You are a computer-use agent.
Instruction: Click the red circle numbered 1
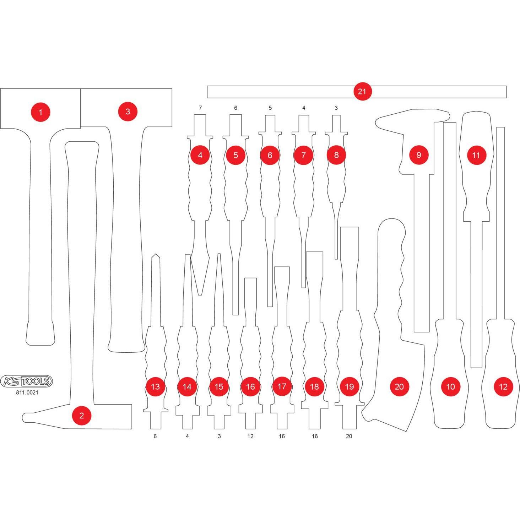coord(40,112)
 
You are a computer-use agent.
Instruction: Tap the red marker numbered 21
coord(362,91)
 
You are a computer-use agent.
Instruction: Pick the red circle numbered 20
coord(399,386)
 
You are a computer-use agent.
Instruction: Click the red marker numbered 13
coord(155,386)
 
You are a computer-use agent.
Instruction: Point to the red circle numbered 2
coord(82,416)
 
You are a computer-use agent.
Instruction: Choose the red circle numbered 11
coord(476,155)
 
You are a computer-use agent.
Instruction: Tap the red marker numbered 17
coord(282,386)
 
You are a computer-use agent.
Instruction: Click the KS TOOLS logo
coord(26,381)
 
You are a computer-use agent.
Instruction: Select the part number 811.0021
coord(27,393)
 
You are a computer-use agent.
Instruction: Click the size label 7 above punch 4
coord(200,108)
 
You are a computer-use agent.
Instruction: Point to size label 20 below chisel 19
coord(349,436)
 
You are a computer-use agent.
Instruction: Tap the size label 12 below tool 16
coord(250,436)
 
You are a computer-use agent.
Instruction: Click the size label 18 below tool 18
coord(315,436)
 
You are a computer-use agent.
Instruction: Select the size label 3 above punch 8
coord(336,108)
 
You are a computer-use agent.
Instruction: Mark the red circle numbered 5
coord(235,155)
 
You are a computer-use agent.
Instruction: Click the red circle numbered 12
coord(503,386)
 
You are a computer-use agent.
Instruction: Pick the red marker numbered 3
coord(128,112)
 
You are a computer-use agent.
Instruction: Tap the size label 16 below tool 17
coord(282,436)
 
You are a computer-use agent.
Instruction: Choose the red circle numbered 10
coord(450,386)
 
